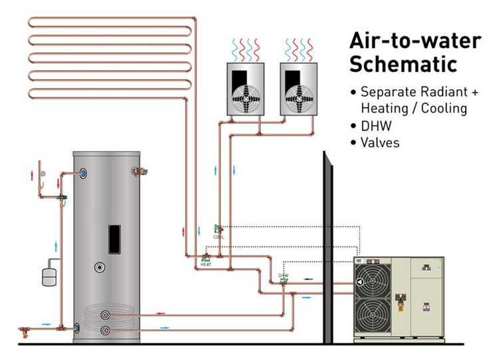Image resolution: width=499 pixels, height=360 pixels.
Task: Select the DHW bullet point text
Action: click(x=373, y=125)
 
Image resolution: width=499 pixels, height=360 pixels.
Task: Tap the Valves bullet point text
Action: click(x=379, y=142)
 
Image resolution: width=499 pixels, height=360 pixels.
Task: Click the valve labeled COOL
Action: click(x=218, y=229)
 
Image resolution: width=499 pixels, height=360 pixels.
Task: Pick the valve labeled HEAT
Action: click(x=206, y=257)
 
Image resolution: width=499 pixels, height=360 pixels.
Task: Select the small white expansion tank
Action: click(x=50, y=275)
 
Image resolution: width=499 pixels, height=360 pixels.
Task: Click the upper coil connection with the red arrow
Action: click(x=105, y=314)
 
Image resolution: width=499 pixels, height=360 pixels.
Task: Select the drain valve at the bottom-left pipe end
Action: click(x=26, y=330)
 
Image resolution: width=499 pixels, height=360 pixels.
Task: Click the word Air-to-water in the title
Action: click(x=415, y=40)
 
